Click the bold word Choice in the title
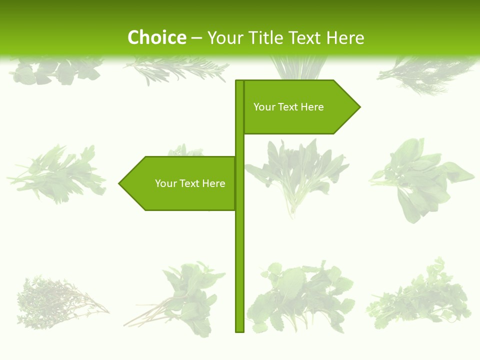[156, 38]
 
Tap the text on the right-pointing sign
[288, 107]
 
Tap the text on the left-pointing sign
[190, 183]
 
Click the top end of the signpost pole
[239, 81]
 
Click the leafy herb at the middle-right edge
[420, 177]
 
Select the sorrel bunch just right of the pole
[297, 175]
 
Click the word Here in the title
[345, 38]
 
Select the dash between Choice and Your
[196, 38]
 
